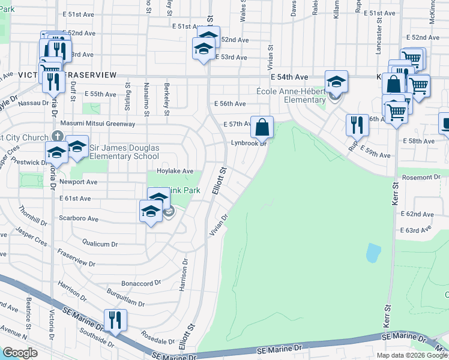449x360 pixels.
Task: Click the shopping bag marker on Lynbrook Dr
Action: pyautogui.click(x=262, y=127)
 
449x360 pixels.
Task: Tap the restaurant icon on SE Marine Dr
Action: pyautogui.click(x=113, y=320)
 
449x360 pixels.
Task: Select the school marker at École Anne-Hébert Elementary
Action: pyautogui.click(x=336, y=82)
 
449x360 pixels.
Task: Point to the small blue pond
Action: pyautogui.click(x=373, y=253)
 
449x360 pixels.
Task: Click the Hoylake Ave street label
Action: pyautogui.click(x=175, y=171)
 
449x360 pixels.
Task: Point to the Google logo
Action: pyautogui.click(x=20, y=353)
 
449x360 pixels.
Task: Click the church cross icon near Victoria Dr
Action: pyautogui.click(x=57, y=136)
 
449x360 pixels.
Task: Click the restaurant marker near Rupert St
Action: pyautogui.click(x=357, y=125)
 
